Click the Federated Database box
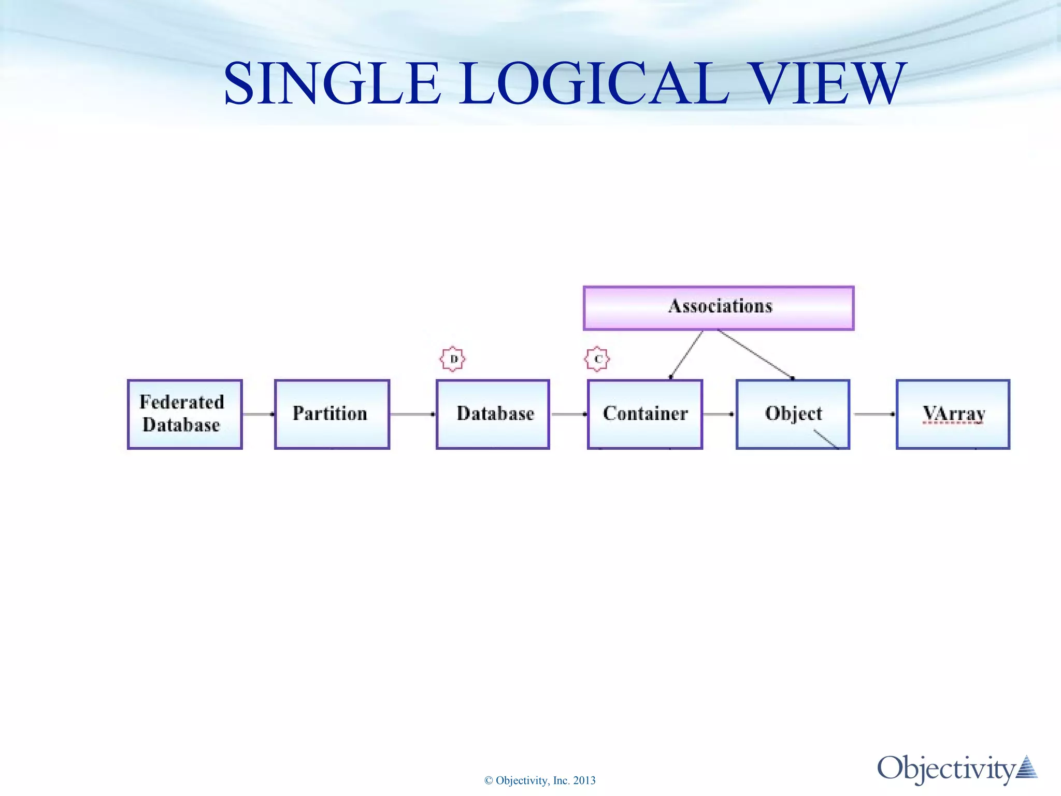184,414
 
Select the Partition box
332,414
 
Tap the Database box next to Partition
493,414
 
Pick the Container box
645,414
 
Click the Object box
793,414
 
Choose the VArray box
953,414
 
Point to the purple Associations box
718,308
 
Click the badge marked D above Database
453,359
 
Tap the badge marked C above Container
597,359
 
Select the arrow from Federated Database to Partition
258,414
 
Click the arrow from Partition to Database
412,414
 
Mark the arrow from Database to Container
568,414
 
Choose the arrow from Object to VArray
873,414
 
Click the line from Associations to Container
686,354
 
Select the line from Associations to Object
755,354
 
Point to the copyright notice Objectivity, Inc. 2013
540,780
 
